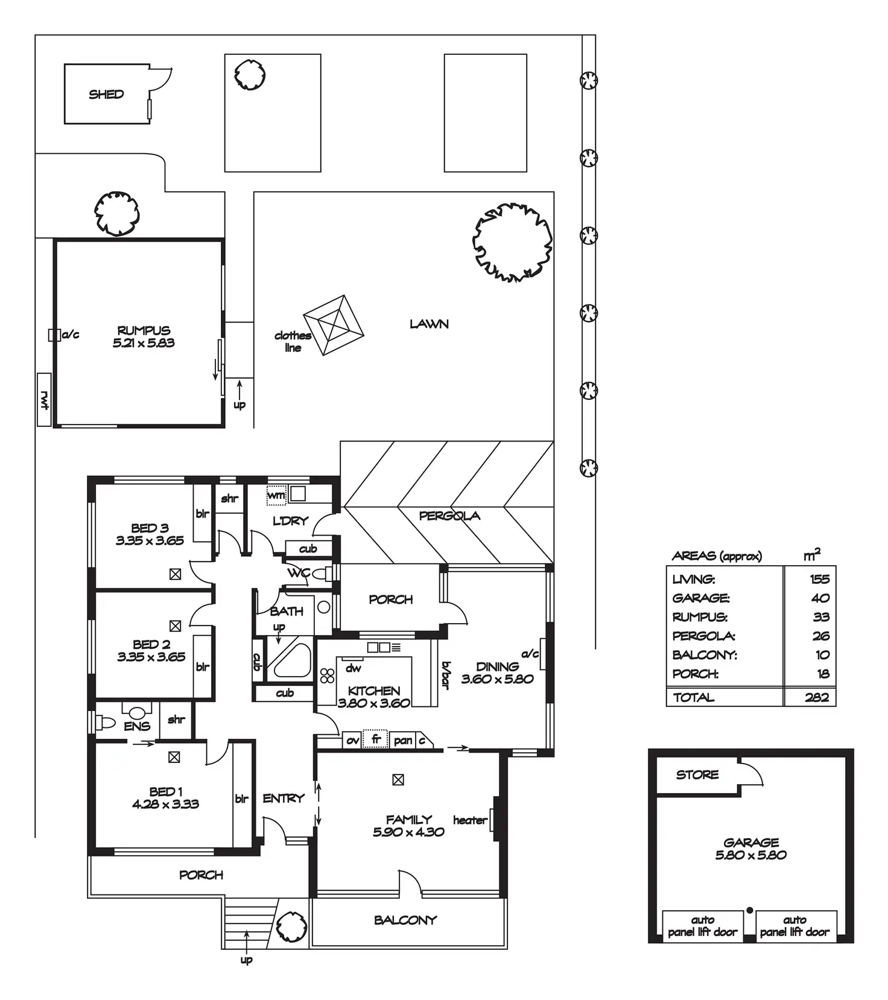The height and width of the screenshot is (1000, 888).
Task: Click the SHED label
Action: [106, 94]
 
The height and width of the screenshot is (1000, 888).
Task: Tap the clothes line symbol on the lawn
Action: [333, 324]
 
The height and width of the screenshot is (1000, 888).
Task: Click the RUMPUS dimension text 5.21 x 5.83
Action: [144, 343]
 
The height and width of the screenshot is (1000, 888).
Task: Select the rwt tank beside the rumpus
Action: [44, 399]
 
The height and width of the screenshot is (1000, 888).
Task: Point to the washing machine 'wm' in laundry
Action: [276, 495]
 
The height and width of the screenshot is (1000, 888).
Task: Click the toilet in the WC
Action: [322, 573]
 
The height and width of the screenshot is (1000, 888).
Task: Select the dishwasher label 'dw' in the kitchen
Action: [354, 668]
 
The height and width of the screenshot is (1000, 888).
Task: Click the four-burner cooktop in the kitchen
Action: [327, 676]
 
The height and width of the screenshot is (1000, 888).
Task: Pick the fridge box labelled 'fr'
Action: [375, 739]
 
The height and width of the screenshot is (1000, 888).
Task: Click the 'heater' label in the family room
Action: [470, 820]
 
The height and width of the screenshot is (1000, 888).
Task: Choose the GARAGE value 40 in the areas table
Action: [820, 598]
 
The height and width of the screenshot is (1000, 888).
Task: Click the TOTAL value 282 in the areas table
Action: [817, 697]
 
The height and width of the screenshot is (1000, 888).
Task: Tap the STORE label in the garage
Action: [697, 774]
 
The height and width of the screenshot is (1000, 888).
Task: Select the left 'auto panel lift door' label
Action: [702, 926]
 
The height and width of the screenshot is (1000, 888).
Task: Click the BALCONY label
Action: [405, 920]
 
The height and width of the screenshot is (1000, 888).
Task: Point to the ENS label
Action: [137, 726]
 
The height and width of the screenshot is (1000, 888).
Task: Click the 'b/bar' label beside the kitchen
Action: [446, 675]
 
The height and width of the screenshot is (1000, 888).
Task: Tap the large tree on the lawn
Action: [512, 242]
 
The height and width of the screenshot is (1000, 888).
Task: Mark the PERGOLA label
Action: [449, 516]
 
